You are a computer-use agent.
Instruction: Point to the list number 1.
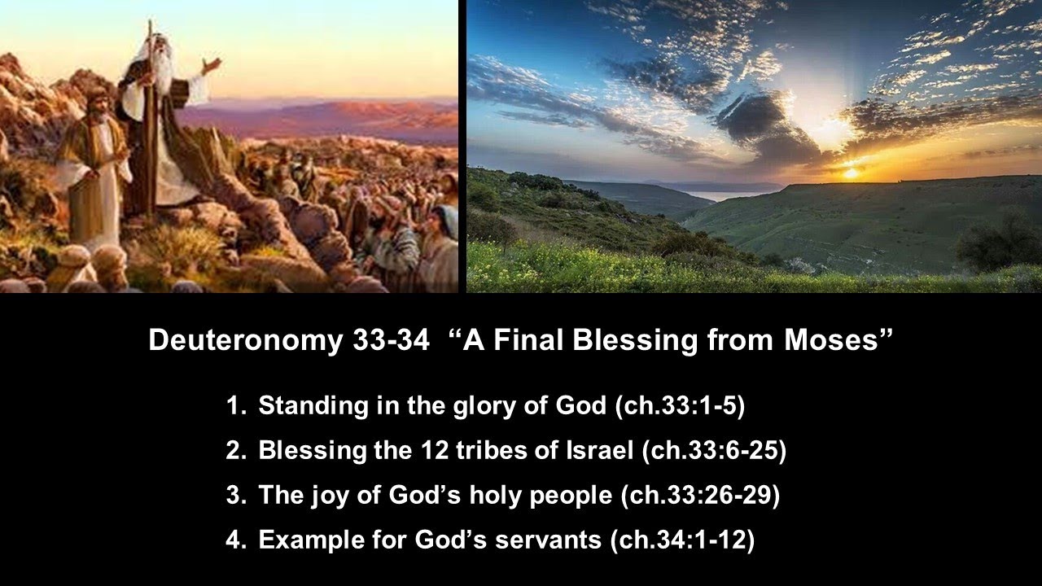pos(234,406)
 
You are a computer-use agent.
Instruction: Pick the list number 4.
pos(234,540)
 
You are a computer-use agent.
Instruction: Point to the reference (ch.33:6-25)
pos(714,451)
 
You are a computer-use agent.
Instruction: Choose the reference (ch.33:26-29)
pos(700,496)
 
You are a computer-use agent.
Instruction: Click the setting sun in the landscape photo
pos(851,172)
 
